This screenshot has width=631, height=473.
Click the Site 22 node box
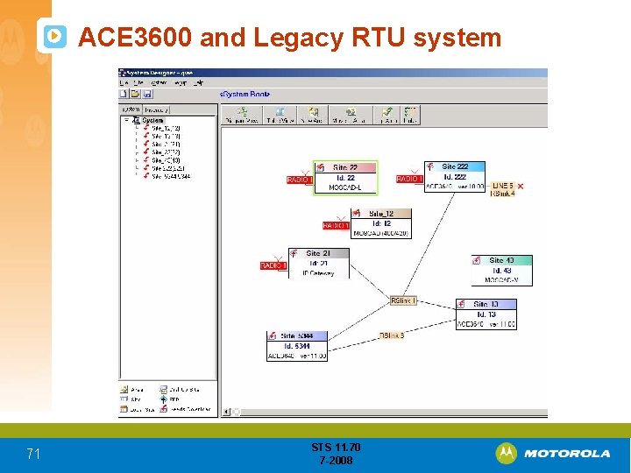[344, 177]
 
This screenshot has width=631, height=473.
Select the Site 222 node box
[454, 176]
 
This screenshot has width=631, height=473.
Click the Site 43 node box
[501, 270]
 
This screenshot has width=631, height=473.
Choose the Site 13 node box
[486, 314]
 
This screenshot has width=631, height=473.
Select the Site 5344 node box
[296, 345]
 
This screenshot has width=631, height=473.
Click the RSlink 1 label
[403, 300]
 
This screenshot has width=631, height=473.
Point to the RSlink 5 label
[392, 335]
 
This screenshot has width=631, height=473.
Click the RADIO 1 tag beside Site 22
[300, 180]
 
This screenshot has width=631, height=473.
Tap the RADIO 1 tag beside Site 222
[409, 179]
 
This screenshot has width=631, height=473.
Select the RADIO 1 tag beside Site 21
[273, 265]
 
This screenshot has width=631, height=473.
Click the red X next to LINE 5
[521, 186]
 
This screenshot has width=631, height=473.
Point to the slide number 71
[33, 454]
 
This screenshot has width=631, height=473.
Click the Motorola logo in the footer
[553, 453]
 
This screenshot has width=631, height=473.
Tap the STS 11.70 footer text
[336, 448]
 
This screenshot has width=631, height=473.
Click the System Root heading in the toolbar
[245, 94]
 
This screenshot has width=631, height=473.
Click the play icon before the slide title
[54, 36]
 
